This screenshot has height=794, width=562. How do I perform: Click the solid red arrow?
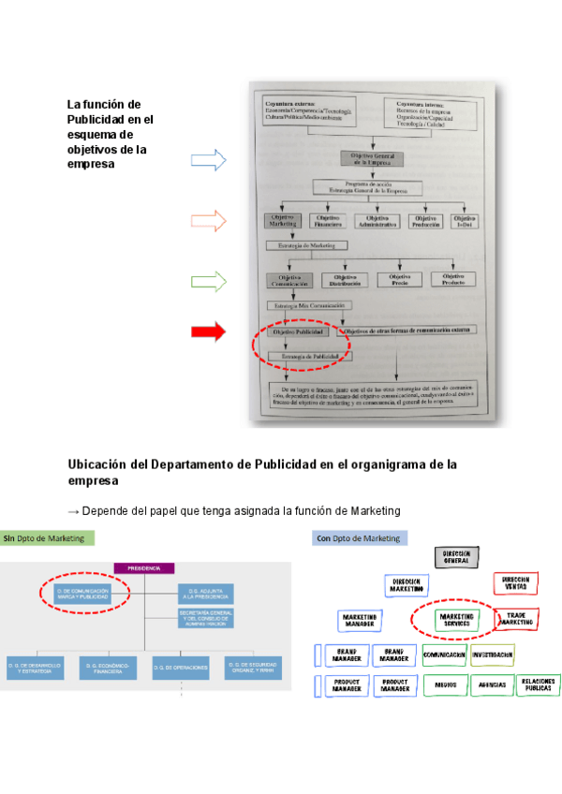[x=208, y=331]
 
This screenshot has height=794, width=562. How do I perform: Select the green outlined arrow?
[x=208, y=281]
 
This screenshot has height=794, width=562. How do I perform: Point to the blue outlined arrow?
[x=208, y=160]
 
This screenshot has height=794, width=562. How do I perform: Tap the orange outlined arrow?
[x=208, y=221]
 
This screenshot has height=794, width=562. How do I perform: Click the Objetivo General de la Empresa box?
[x=374, y=158]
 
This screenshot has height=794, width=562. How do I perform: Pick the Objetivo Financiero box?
[x=326, y=222]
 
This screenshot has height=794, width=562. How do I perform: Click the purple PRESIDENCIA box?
[x=145, y=567]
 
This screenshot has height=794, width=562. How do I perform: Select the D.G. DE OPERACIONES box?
[x=181, y=667]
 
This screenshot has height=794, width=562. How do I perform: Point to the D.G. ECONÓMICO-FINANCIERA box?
[x=109, y=667]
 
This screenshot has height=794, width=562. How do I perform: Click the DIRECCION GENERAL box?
[x=456, y=557]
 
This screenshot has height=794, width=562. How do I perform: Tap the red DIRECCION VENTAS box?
[x=515, y=581]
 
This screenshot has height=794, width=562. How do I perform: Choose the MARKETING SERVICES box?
[x=456, y=619]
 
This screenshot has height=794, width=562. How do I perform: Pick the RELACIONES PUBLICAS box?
[x=539, y=684]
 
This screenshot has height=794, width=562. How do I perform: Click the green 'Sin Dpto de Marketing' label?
[x=43, y=538]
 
